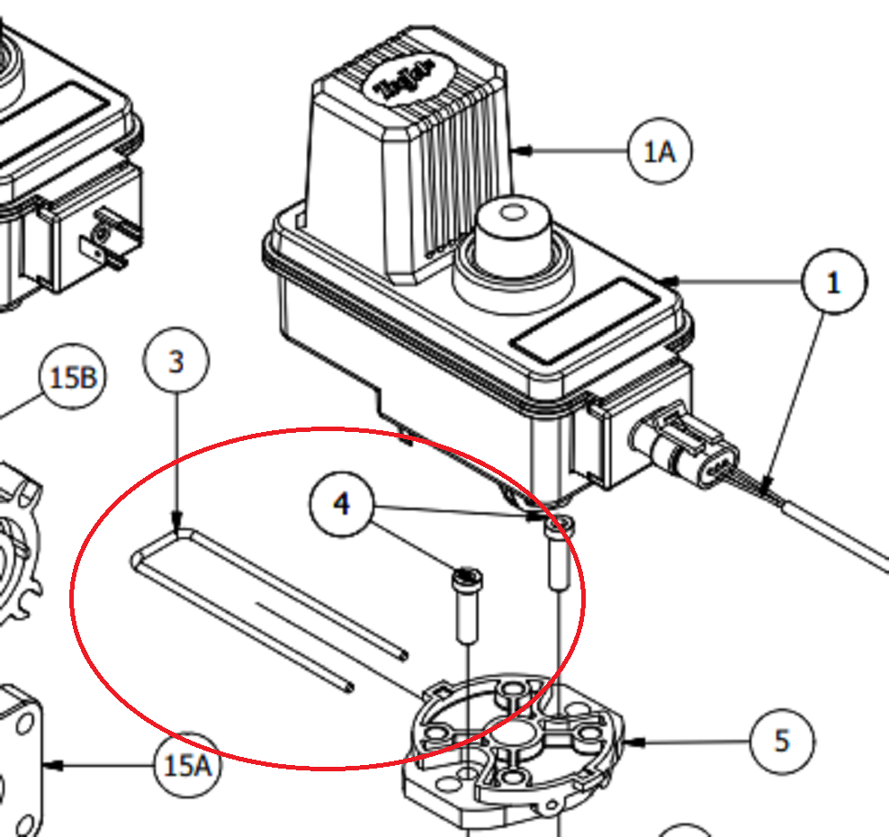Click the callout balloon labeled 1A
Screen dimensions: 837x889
(x=660, y=151)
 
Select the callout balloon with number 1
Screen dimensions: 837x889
(x=833, y=282)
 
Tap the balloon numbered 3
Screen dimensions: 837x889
(x=176, y=362)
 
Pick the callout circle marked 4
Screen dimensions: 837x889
(x=342, y=504)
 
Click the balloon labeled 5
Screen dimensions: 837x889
(x=781, y=741)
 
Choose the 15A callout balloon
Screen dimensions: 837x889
(x=185, y=766)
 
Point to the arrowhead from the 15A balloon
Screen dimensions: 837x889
(x=50, y=766)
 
